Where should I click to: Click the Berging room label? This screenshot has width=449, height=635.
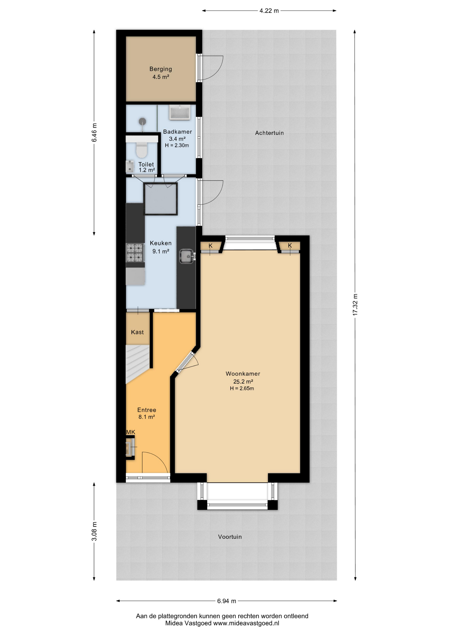161,69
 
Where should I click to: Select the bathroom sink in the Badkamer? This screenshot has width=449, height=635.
180,112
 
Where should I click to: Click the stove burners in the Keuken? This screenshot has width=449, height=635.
135,252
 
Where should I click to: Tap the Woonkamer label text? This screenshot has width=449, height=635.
243,374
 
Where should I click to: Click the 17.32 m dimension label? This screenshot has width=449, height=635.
355,305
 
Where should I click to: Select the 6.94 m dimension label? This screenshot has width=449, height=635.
226,601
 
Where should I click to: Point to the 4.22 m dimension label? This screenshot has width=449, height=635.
269,11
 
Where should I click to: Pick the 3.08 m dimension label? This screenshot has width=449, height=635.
94,531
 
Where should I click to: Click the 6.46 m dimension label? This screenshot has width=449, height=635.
94,132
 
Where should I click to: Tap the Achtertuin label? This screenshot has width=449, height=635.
269,133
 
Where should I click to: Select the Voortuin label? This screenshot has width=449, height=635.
230,537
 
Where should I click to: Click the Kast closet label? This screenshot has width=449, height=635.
137,332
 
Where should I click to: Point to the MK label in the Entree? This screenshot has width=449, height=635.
131,432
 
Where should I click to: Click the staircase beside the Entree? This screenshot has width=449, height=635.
138,364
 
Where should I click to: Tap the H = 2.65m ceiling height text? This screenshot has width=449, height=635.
242,389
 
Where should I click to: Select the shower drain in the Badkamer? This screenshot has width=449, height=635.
142,121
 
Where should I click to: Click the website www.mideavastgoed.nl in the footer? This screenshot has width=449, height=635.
246,623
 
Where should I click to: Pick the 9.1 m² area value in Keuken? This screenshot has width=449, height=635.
161,251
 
